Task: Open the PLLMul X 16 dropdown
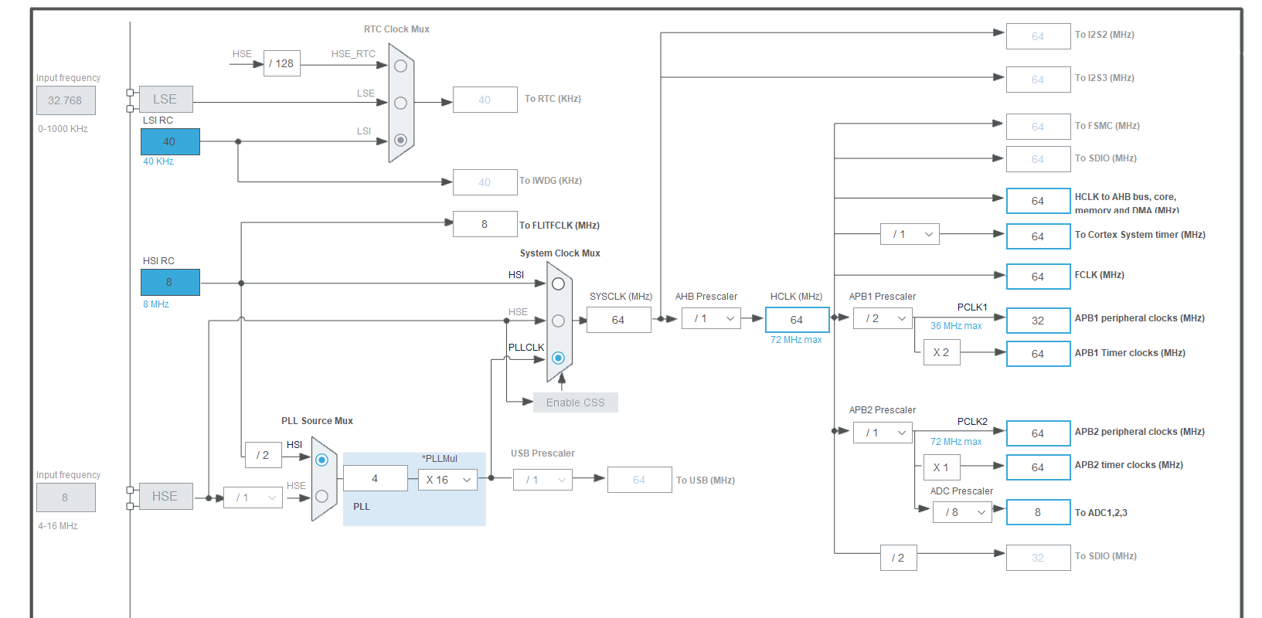pyautogui.click(x=447, y=480)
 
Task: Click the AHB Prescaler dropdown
pyautogui.click(x=711, y=318)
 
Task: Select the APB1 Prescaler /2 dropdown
pyautogui.click(x=883, y=318)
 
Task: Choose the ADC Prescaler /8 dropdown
pyautogui.click(x=962, y=512)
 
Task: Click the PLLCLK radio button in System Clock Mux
pyautogui.click(x=558, y=358)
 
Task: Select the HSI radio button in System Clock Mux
pyautogui.click(x=558, y=284)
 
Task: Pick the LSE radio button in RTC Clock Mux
pyautogui.click(x=400, y=103)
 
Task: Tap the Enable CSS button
pyautogui.click(x=575, y=402)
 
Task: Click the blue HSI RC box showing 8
pyautogui.click(x=170, y=282)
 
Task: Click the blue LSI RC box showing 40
pyautogui.click(x=170, y=141)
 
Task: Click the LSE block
pyautogui.click(x=165, y=100)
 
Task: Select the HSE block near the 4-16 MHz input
pyautogui.click(x=165, y=496)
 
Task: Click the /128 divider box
pyautogui.click(x=281, y=63)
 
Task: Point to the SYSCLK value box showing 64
pyautogui.click(x=618, y=320)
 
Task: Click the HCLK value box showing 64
pyautogui.click(x=797, y=320)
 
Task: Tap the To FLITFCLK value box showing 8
pyautogui.click(x=485, y=224)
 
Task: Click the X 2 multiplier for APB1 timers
pyautogui.click(x=941, y=352)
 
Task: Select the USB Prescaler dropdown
pyautogui.click(x=543, y=480)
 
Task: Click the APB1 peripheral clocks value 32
pyautogui.click(x=1038, y=320)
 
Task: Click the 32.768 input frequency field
pyautogui.click(x=66, y=100)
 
